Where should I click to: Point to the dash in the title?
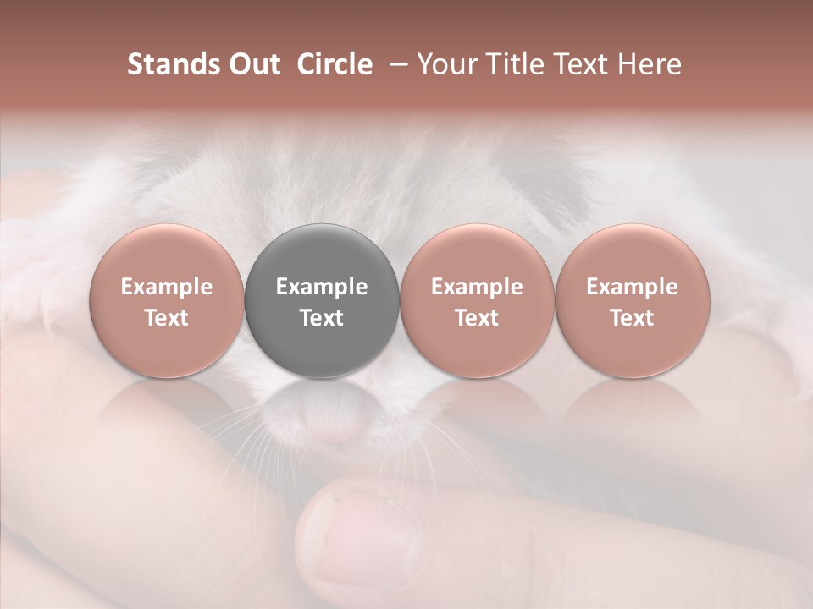[401, 64]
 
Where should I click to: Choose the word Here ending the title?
[652, 64]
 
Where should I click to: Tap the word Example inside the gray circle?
[321, 287]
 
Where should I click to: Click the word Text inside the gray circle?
[321, 318]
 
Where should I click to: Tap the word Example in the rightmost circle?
[632, 287]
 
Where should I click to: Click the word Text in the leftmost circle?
[166, 318]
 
